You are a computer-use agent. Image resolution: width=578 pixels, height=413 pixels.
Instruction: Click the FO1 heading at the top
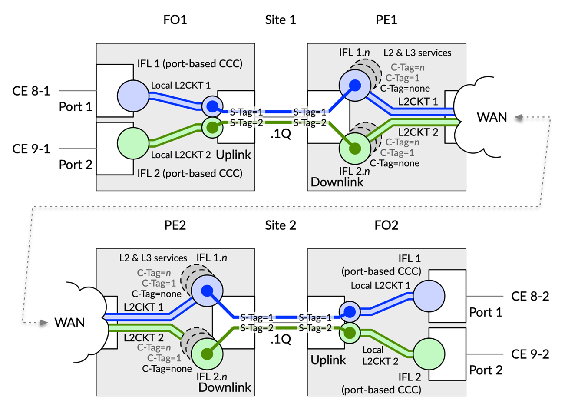tap(175, 20)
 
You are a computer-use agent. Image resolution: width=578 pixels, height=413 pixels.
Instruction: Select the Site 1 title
tap(280, 20)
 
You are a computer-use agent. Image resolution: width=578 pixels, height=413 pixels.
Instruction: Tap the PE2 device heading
tap(175, 225)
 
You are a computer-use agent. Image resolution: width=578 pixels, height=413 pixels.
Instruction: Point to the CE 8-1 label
tap(31, 91)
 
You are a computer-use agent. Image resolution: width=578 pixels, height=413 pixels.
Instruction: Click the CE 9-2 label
tap(530, 354)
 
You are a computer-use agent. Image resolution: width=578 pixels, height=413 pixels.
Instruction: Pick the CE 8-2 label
tap(530, 297)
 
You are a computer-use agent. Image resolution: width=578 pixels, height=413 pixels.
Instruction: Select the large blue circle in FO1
tap(133, 96)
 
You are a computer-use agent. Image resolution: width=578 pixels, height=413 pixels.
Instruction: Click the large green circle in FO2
tap(429, 354)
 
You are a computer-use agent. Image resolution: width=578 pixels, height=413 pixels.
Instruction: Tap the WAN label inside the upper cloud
tap(492, 118)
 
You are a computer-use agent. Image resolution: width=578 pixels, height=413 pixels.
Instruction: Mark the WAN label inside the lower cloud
tap(69, 323)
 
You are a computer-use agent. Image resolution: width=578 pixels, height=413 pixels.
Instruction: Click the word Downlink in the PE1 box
tap(337, 182)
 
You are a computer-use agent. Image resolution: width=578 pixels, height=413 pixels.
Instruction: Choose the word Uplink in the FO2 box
tap(328, 360)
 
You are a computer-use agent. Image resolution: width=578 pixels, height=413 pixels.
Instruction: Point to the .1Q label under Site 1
tap(281, 134)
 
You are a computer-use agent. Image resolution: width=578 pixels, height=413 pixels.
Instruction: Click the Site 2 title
tap(281, 225)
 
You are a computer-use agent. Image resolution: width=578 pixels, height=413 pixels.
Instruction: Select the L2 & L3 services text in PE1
tap(417, 53)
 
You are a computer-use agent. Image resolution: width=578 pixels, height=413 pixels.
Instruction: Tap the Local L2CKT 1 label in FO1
tap(181, 86)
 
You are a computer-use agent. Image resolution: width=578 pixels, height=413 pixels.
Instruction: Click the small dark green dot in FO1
tap(212, 128)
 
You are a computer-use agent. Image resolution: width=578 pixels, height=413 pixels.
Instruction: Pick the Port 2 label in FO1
tap(76, 165)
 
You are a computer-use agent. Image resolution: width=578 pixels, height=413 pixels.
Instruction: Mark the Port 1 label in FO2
tap(486, 312)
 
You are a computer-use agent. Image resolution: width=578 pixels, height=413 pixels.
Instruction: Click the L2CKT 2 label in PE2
tap(144, 337)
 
